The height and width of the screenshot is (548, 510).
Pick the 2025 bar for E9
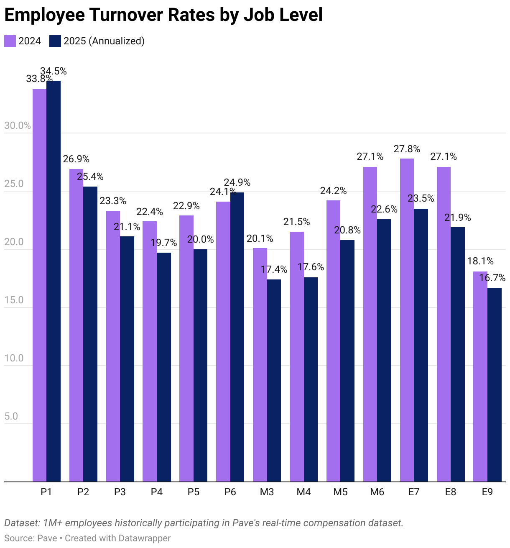pyautogui.click(x=495, y=384)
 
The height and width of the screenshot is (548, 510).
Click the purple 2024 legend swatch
pyautogui.click(x=10, y=41)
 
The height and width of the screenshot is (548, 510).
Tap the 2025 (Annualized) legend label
pyautogui.click(x=104, y=41)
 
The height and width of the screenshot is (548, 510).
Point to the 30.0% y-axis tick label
pyautogui.click(x=17, y=126)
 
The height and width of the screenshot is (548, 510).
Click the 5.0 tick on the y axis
pyautogui.click(x=11, y=417)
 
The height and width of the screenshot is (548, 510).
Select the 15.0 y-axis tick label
pyautogui.click(x=14, y=300)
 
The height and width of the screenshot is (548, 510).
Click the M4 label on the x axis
pyautogui.click(x=303, y=492)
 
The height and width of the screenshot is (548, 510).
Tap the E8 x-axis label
pyautogui.click(x=451, y=492)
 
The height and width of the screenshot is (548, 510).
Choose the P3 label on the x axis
pyautogui.click(x=120, y=492)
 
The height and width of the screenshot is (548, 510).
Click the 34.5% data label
pyautogui.click(x=54, y=72)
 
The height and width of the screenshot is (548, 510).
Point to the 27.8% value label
pyautogui.click(x=407, y=149)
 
